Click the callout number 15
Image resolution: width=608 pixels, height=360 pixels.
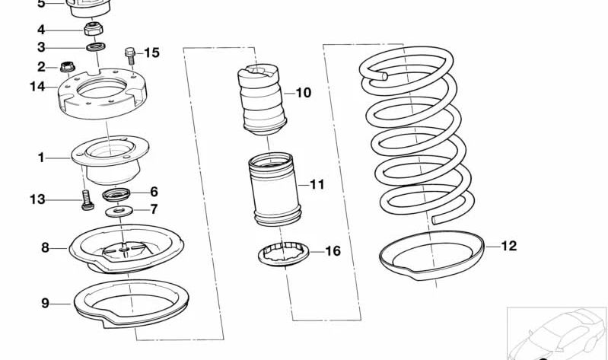(x=151, y=53)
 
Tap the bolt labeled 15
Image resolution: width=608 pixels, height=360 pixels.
(x=130, y=56)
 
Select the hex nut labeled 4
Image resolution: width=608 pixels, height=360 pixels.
(x=93, y=29)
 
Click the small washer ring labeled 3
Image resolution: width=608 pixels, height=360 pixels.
(x=95, y=47)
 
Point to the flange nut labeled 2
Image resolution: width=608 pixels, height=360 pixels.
(x=68, y=67)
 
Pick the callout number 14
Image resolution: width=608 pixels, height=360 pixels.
(x=37, y=87)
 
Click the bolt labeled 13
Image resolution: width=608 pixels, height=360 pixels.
(x=88, y=200)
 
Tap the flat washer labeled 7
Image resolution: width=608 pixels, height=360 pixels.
(x=119, y=212)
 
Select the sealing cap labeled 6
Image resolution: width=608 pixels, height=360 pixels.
(x=116, y=194)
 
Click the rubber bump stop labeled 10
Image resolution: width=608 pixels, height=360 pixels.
(x=261, y=100)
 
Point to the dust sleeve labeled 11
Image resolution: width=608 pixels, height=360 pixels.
(x=275, y=190)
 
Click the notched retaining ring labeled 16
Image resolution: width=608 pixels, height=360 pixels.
(x=283, y=254)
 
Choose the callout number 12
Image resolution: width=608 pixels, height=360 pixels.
(x=509, y=246)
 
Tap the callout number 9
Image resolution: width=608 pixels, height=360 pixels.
(x=46, y=303)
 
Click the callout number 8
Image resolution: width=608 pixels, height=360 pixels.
(x=46, y=247)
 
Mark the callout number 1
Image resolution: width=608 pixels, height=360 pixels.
(x=41, y=158)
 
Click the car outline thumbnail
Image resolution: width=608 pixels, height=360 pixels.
(x=558, y=333)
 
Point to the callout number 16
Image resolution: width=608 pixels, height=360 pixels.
(x=333, y=251)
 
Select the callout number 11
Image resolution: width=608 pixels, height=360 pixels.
(x=317, y=184)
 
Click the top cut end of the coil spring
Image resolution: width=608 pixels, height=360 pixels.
(x=384, y=76)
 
